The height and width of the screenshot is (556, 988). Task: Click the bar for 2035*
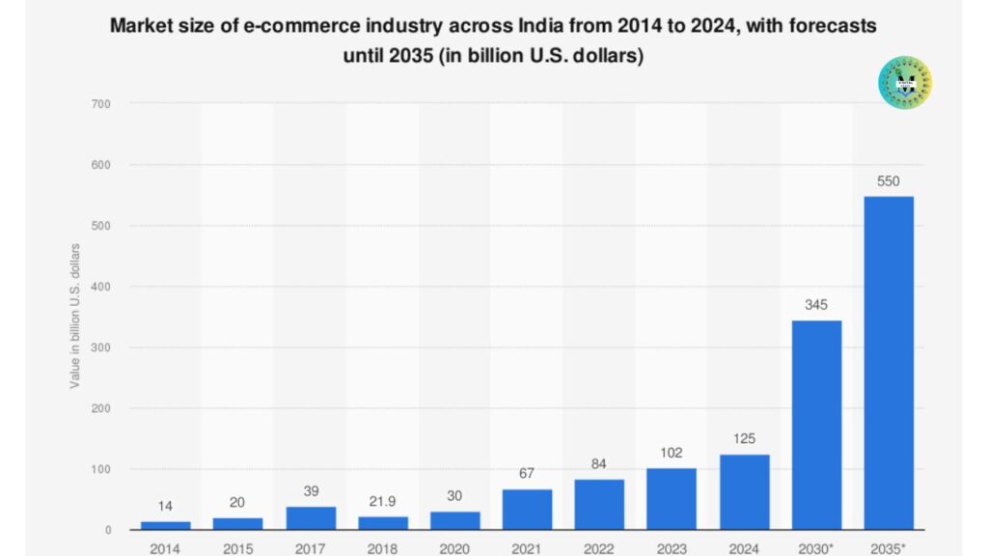pos(888,362)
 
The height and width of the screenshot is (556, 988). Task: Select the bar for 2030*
pos(816,425)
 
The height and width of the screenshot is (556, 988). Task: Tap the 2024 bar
pos(744,491)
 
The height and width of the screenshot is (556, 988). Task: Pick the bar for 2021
pos(527,509)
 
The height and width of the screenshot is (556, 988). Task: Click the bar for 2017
pos(311,517)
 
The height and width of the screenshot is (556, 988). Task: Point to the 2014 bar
pos(166,525)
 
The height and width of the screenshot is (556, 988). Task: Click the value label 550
pos(888,180)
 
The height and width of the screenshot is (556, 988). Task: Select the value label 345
pos(816,304)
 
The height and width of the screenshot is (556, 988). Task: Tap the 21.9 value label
pos(382,500)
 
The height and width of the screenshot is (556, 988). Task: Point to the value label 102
pos(672,452)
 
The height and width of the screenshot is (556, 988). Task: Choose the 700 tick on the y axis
pos(99,103)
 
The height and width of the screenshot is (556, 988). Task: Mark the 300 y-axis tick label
pos(99,347)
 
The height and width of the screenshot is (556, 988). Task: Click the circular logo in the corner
pos(905,81)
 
